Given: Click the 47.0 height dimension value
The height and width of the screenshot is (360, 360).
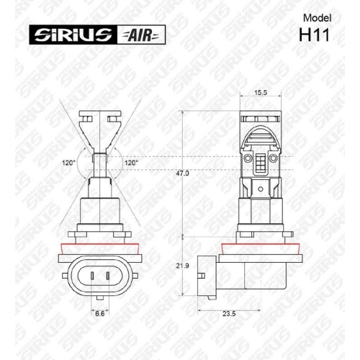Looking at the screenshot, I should pos(183,174).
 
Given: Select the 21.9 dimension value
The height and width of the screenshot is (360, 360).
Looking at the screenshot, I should pos(183,266).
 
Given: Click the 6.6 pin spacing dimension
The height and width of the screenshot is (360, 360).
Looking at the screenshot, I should pos(101,313).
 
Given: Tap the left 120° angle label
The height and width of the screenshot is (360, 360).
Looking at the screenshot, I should pos(69,163).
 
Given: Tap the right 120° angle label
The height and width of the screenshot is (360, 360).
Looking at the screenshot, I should pos(131,163).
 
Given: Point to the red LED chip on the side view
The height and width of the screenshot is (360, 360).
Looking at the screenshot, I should pos(262,161).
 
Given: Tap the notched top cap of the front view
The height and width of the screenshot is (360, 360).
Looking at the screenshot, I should pos(100,117).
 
